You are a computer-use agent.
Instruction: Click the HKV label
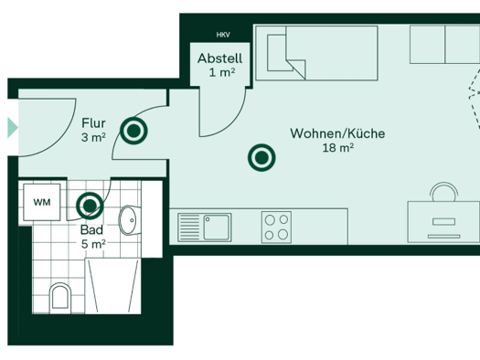click(223, 35)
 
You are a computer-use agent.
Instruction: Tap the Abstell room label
click(219, 58)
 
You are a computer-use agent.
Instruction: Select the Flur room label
click(93, 123)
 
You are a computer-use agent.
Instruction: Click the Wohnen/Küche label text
click(337, 133)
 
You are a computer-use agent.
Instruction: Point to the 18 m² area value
click(338, 148)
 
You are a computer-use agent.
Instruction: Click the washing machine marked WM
click(42, 202)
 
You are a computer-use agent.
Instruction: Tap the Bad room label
click(91, 230)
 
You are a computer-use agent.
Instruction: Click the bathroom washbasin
click(130, 220)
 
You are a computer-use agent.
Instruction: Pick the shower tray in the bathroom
click(113, 286)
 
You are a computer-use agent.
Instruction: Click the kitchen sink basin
click(216, 228)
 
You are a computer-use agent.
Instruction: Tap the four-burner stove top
click(276, 228)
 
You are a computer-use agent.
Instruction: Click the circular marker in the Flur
click(133, 131)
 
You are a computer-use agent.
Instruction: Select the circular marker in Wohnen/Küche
click(261, 157)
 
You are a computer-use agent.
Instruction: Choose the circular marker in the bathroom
click(90, 206)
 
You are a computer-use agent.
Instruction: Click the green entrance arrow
click(13, 128)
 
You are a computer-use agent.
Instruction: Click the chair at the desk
click(443, 192)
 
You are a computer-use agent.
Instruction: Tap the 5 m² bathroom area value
click(93, 244)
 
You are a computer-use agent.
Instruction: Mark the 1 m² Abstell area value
click(222, 73)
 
